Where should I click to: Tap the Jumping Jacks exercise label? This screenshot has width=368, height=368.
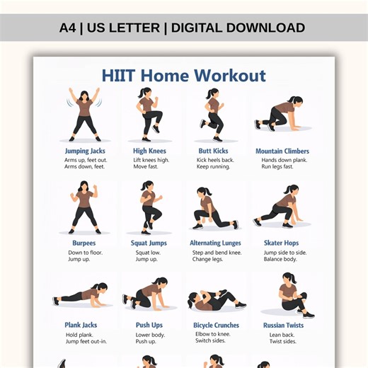click(85, 151)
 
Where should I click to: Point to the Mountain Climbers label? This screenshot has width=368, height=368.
click(282, 151)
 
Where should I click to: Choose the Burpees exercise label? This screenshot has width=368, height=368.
click(84, 243)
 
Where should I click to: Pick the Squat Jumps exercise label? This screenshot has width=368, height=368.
click(149, 243)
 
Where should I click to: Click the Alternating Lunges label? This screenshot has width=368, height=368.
click(215, 243)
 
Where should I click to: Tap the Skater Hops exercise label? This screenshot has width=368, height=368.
click(282, 243)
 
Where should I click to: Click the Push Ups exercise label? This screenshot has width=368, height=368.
click(149, 325)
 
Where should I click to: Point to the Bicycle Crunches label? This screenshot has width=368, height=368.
click(216, 325)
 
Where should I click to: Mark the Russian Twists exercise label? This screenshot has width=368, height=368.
click(282, 325)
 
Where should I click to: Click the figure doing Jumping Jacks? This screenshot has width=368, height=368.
click(84, 113)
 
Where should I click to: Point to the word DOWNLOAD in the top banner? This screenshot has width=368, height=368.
click(263, 28)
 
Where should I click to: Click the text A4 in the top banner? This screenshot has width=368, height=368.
click(67, 28)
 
